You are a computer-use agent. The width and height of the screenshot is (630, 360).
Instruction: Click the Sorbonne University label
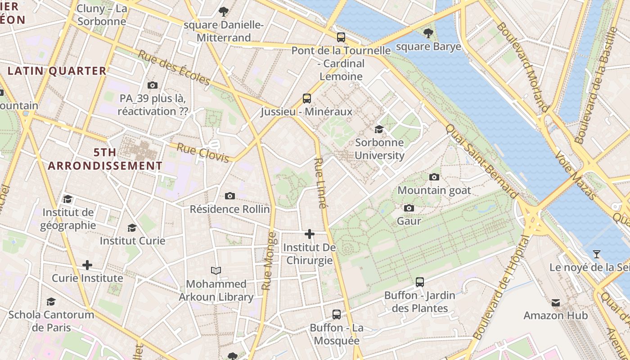[379, 149]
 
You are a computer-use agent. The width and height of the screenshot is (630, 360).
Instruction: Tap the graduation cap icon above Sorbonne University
[379, 130]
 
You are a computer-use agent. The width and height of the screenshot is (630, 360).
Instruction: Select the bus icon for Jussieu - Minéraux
[307, 99]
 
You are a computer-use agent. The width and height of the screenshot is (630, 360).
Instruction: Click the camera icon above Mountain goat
[434, 177]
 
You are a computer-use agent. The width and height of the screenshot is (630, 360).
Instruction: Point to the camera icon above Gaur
[409, 208]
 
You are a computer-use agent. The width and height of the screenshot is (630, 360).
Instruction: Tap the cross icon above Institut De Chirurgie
[310, 234]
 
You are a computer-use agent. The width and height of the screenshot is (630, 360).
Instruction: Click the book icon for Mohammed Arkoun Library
[216, 270]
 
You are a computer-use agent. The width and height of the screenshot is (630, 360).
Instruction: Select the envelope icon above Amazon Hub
[556, 303]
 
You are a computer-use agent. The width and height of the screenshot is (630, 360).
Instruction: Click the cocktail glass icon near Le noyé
[596, 254]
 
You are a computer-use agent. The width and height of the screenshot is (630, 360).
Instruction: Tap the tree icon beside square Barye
[428, 33]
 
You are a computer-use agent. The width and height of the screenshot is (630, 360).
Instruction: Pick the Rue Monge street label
[269, 261]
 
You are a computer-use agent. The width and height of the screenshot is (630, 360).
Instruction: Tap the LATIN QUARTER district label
[57, 71]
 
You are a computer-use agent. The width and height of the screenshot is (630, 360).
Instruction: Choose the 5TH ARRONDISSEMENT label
[105, 159]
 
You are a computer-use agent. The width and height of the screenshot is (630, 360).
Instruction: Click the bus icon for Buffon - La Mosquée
[337, 315]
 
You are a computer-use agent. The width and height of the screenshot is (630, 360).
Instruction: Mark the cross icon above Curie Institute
[87, 265]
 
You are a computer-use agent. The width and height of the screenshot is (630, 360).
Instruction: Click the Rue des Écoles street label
[174, 67]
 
